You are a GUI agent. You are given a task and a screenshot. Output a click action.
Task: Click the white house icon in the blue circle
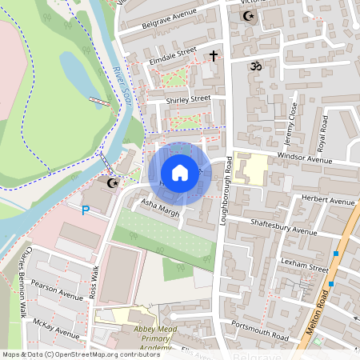tap(180, 173)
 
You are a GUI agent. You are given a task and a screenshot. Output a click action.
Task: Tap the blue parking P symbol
tap(86, 210)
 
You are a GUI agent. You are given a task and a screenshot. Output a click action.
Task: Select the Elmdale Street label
tap(173, 54)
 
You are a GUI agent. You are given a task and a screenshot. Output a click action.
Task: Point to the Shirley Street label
tap(187, 100)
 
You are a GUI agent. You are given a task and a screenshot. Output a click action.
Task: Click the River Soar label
tap(122, 86)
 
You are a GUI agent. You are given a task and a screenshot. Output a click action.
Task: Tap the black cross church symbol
tap(213, 55)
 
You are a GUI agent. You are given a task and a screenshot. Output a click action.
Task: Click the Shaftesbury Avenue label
tap(283, 226)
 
